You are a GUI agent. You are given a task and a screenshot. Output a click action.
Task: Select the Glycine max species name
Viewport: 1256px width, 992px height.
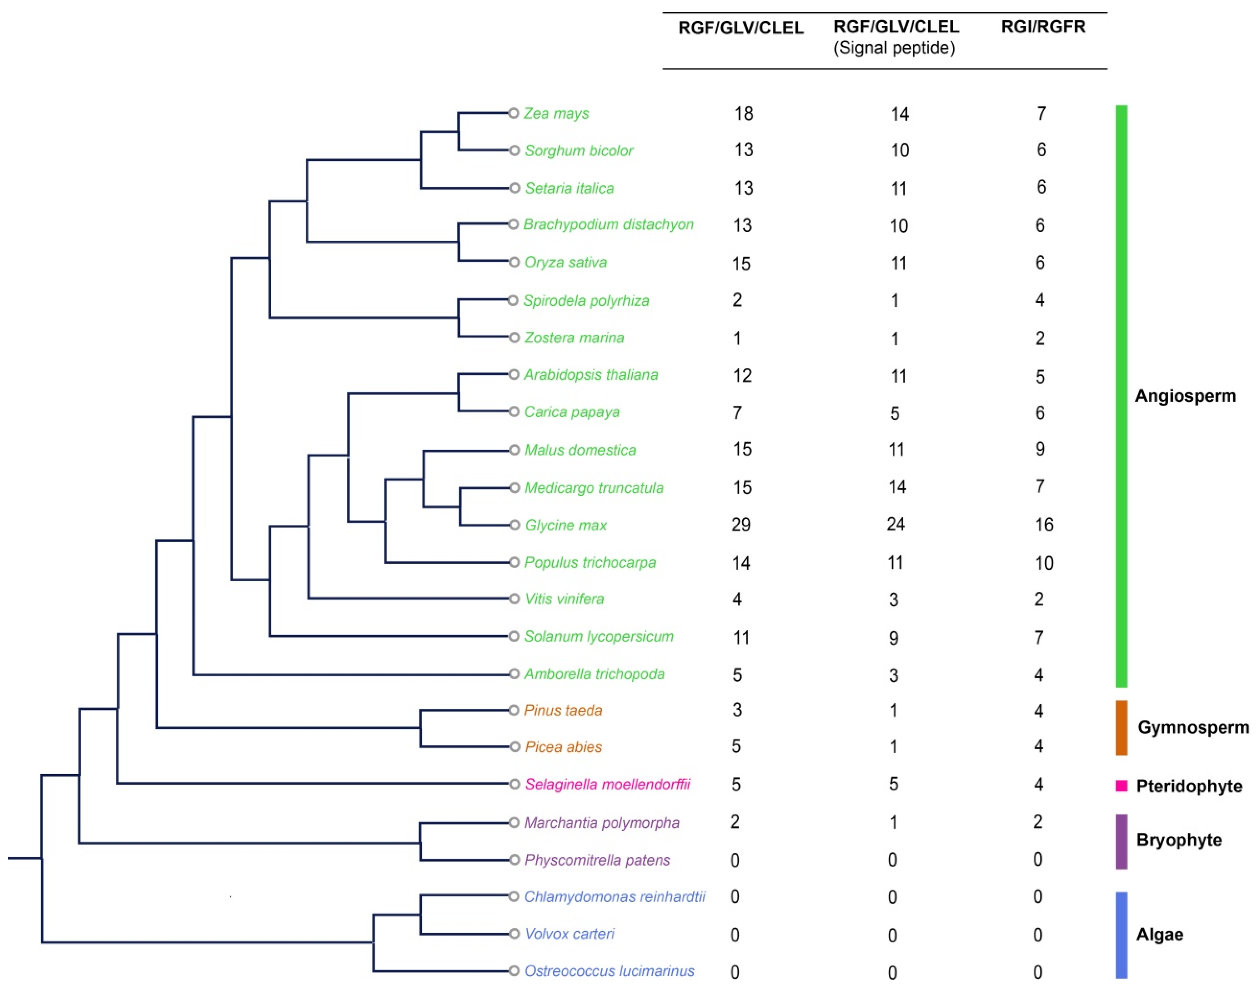coord(565,525)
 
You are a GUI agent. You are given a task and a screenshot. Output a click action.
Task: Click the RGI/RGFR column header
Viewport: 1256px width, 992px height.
coord(1043,27)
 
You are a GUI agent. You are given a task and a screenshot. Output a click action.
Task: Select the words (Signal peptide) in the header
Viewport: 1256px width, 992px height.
coord(894,48)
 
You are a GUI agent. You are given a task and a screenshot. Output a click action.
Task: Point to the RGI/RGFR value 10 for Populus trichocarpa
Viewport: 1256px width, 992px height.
coord(1044,563)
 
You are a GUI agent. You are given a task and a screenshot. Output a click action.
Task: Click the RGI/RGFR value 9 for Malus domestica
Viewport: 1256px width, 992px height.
coord(1039,449)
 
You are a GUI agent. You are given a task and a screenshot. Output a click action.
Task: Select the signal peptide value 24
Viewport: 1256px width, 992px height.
coord(895,524)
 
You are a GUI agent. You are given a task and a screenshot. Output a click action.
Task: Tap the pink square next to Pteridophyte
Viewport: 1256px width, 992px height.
coord(1121,786)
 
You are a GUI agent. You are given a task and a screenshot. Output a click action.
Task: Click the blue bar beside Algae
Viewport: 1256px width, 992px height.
coord(1121,935)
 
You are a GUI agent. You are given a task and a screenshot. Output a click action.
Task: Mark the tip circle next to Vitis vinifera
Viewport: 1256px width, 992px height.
coord(514,599)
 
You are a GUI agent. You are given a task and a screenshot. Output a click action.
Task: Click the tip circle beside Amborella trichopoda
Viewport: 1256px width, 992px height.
coord(514,674)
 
